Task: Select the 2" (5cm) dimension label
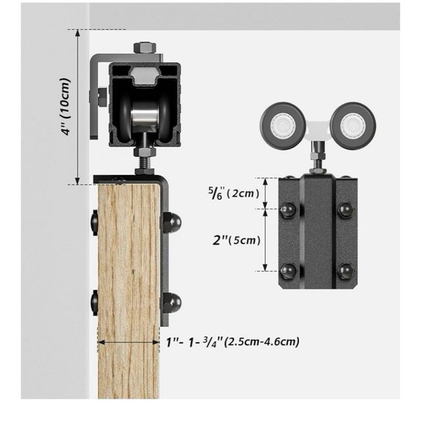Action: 236,240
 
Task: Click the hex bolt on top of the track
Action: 145,48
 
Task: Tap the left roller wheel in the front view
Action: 283,124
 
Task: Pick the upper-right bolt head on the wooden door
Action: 172,222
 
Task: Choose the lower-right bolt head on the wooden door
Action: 172,303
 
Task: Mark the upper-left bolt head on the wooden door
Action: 95,222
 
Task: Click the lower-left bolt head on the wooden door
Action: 95,303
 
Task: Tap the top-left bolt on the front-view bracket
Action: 287,210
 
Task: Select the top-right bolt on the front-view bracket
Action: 345,210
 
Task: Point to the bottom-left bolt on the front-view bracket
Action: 287,270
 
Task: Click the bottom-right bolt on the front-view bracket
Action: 345,270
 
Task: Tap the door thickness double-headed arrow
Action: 129,341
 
